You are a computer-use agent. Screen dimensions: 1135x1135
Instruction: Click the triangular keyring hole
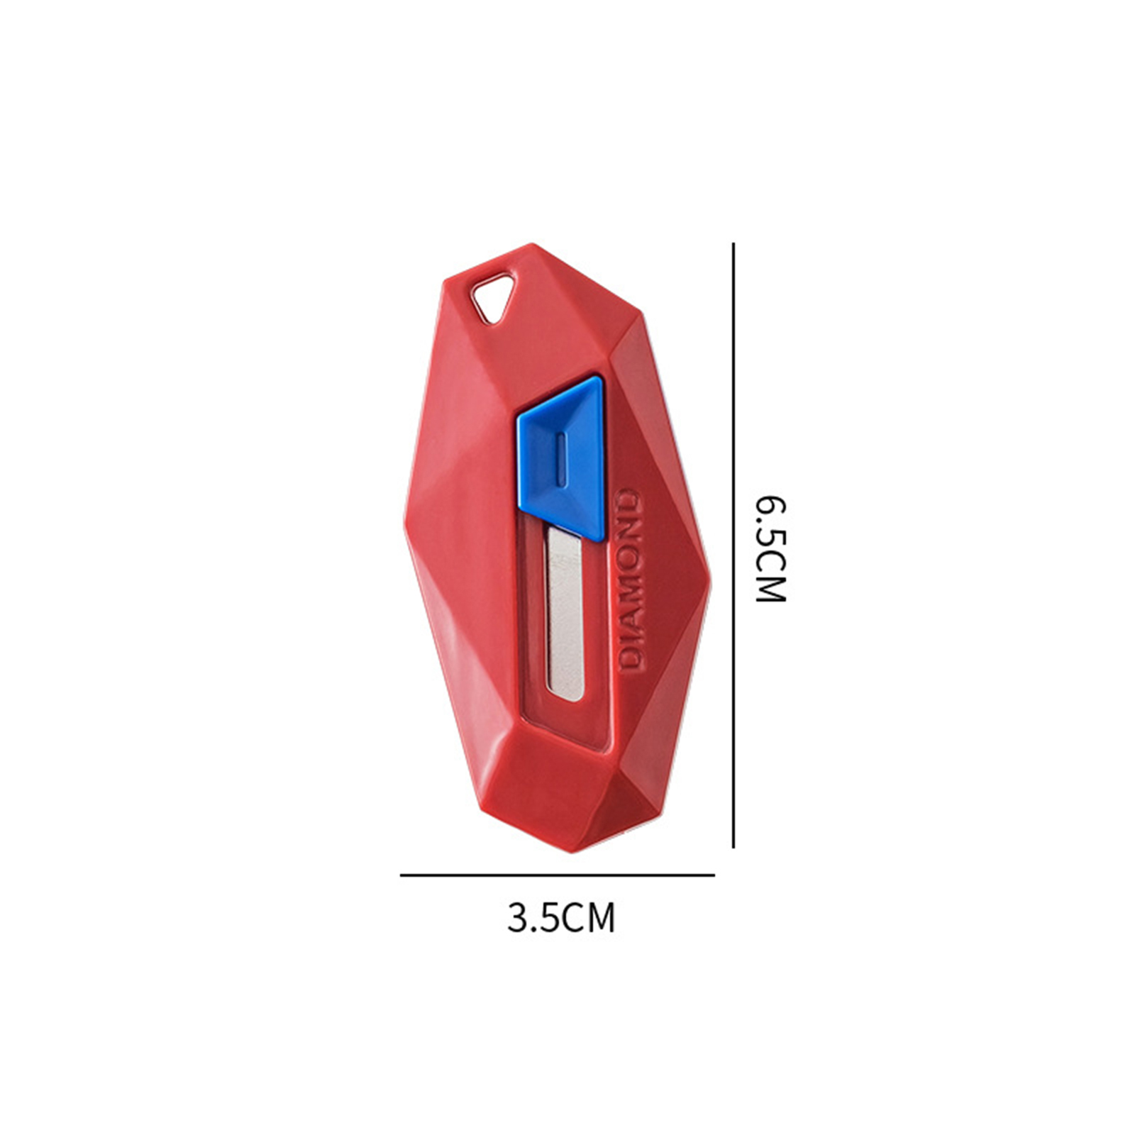click(x=493, y=297)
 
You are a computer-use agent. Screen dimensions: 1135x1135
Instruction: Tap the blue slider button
click(x=562, y=457)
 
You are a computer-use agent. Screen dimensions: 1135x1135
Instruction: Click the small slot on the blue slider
click(x=560, y=459)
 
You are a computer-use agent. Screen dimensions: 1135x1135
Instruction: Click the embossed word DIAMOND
click(x=630, y=580)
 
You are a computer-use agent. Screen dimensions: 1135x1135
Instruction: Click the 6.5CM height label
click(x=770, y=548)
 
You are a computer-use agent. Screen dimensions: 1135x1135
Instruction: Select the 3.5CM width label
click(x=560, y=917)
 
